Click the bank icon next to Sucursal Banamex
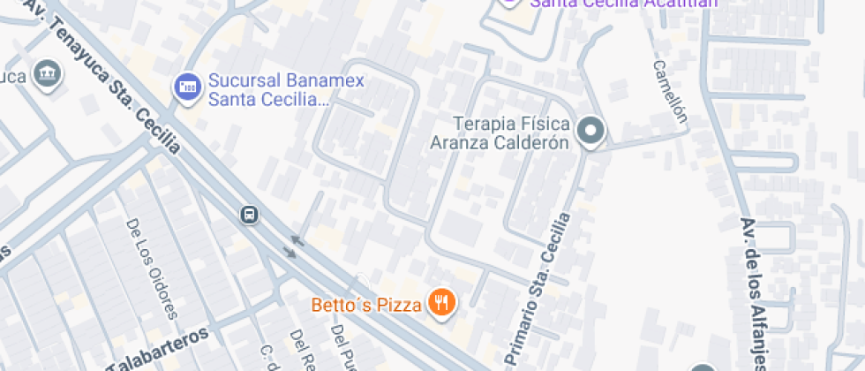click(186, 86)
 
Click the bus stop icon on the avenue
click(250, 214)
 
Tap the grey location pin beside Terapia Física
click(590, 132)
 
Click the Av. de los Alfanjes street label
click(756, 291)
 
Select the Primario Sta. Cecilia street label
click(541, 287)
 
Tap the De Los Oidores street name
click(153, 268)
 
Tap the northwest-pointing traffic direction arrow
click(297, 238)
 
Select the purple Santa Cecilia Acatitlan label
click(623, 3)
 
